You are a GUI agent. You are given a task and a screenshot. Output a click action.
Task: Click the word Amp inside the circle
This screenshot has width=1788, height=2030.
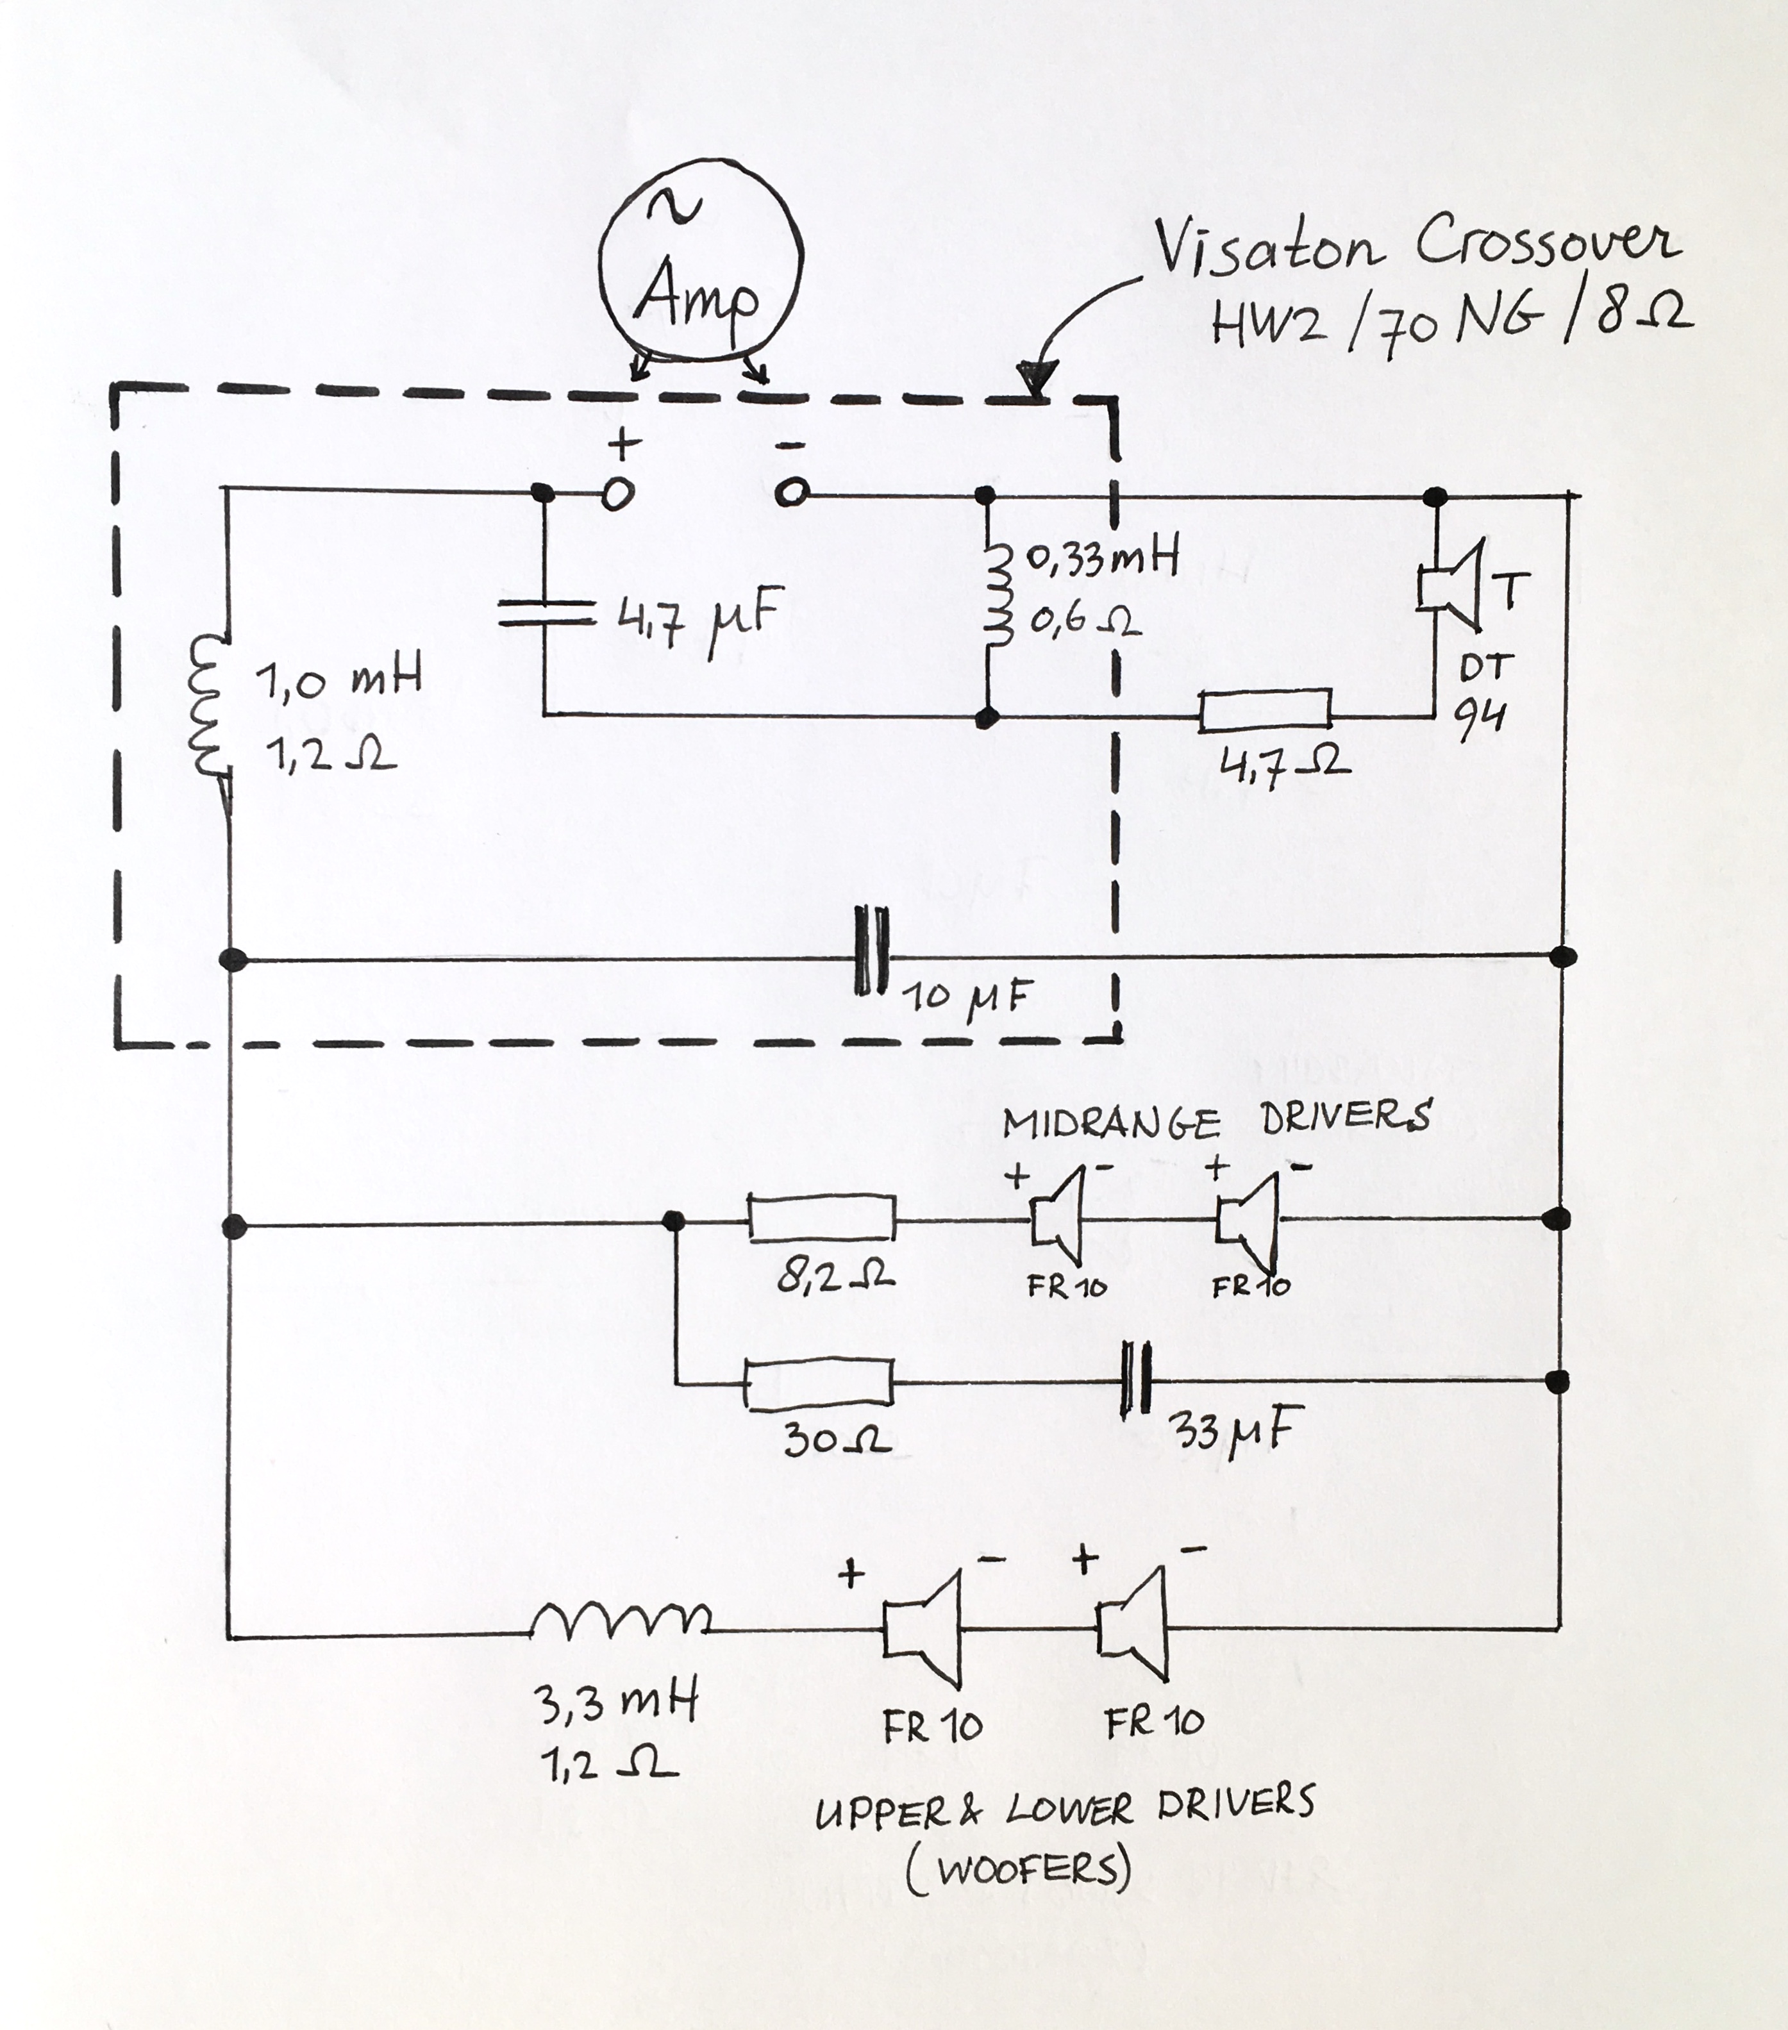coord(698,295)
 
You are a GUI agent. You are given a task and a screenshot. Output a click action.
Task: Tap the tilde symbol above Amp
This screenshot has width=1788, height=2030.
coord(674,206)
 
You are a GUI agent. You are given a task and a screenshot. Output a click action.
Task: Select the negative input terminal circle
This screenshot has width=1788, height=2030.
coord(792,492)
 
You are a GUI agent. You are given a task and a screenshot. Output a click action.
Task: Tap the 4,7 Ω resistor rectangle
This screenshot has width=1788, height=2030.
coord(1264,711)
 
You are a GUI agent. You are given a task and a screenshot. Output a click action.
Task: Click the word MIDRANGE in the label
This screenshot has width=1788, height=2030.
coord(1110,1123)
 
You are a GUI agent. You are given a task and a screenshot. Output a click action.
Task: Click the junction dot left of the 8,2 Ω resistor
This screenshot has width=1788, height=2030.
coord(674,1220)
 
